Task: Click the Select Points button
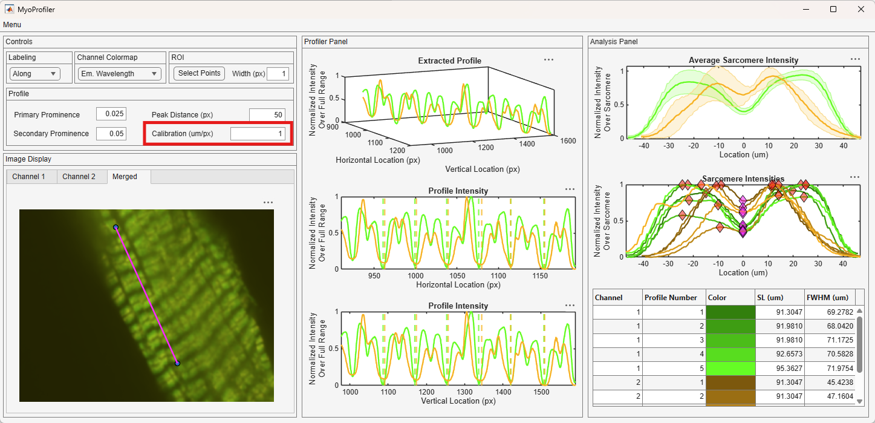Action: click(199, 73)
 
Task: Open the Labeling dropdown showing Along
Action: click(34, 73)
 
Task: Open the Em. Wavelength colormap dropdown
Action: click(120, 73)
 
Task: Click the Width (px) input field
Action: click(278, 73)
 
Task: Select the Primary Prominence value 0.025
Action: click(111, 114)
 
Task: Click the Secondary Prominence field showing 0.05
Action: click(111, 134)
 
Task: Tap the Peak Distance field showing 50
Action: click(267, 114)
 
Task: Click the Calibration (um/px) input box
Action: click(258, 134)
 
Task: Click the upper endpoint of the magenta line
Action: click(115, 227)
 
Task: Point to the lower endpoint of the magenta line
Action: click(177, 363)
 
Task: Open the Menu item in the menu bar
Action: click(12, 25)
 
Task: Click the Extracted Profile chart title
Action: click(450, 61)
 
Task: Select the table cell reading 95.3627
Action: click(779, 369)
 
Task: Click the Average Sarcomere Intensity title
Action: click(743, 60)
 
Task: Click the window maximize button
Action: click(833, 10)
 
